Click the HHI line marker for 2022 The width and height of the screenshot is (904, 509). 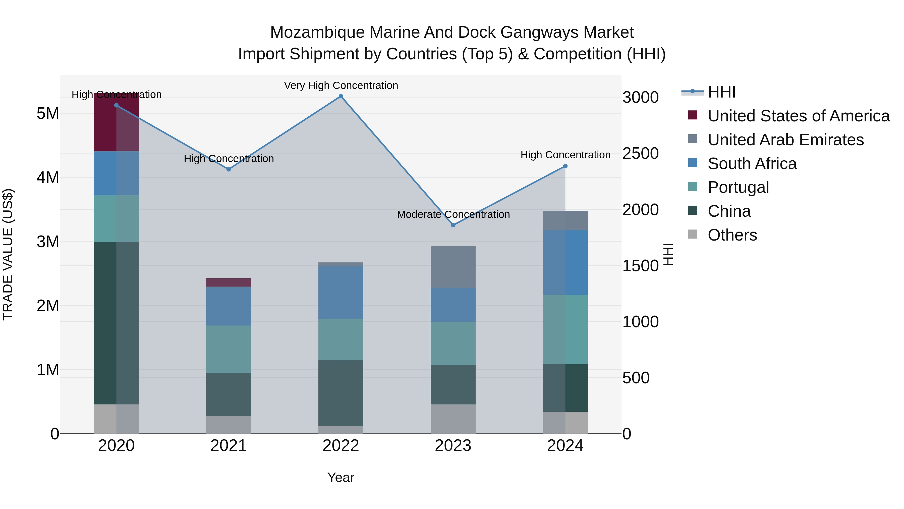click(341, 96)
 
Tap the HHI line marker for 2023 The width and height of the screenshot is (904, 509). click(453, 225)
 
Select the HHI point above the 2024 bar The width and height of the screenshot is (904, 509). click(565, 166)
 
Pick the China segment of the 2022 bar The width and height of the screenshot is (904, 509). click(341, 393)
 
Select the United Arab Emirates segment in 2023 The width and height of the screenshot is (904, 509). click(453, 267)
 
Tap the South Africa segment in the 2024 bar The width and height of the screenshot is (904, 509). click(565, 262)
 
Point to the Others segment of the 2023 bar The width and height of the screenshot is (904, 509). click(453, 419)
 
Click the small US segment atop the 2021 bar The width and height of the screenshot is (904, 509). click(229, 283)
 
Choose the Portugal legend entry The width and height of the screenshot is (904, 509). click(738, 187)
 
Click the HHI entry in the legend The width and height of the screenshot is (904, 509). click(721, 92)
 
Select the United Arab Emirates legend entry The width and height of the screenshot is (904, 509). click(785, 140)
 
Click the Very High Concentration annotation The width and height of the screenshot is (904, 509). click(341, 85)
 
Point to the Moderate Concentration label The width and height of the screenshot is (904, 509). click(453, 214)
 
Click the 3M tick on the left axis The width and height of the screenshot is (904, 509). click(48, 242)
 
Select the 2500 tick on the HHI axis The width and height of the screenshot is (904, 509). click(640, 154)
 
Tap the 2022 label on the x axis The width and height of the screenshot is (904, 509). click(341, 446)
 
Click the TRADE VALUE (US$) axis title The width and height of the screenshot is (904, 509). click(8, 254)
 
